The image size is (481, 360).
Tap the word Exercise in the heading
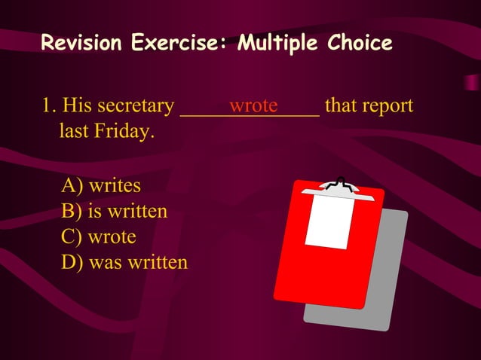point(178,43)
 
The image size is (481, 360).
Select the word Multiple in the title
point(277,43)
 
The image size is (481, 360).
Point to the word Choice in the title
point(360,43)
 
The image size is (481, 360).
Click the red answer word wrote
point(253,105)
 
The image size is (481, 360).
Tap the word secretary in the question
point(136,106)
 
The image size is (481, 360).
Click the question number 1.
point(47,105)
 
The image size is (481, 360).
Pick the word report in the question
point(388,106)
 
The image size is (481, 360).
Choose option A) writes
point(101,185)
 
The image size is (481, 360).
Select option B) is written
point(114,211)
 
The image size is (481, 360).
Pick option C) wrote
point(99,236)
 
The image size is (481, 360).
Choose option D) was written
point(124,263)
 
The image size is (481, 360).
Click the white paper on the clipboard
point(329,221)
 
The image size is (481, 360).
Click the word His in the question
point(79,105)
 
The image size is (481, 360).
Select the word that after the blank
point(340,105)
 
